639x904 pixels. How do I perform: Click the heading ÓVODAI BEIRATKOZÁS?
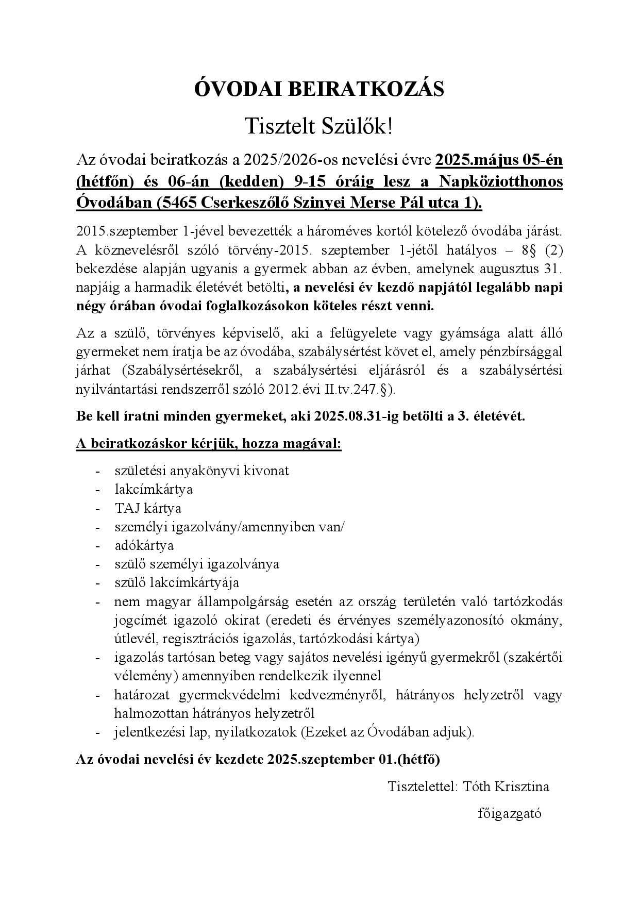pyautogui.click(x=319, y=90)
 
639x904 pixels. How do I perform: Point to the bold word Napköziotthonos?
pyautogui.click(x=501, y=182)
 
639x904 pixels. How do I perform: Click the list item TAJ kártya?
pyautogui.click(x=148, y=508)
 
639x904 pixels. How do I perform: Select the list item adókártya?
pyautogui.click(x=144, y=545)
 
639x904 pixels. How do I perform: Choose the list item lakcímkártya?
pyautogui.click(x=154, y=489)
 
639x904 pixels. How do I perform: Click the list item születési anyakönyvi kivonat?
pyautogui.click(x=201, y=471)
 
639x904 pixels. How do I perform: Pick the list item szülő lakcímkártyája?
pyautogui.click(x=177, y=583)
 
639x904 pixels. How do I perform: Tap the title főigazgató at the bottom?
pyautogui.click(x=510, y=814)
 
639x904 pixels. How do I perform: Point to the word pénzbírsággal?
pyautogui.click(x=523, y=352)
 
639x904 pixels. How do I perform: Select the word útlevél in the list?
pyautogui.click(x=135, y=639)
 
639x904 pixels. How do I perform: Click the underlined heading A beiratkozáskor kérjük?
pyautogui.click(x=209, y=444)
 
